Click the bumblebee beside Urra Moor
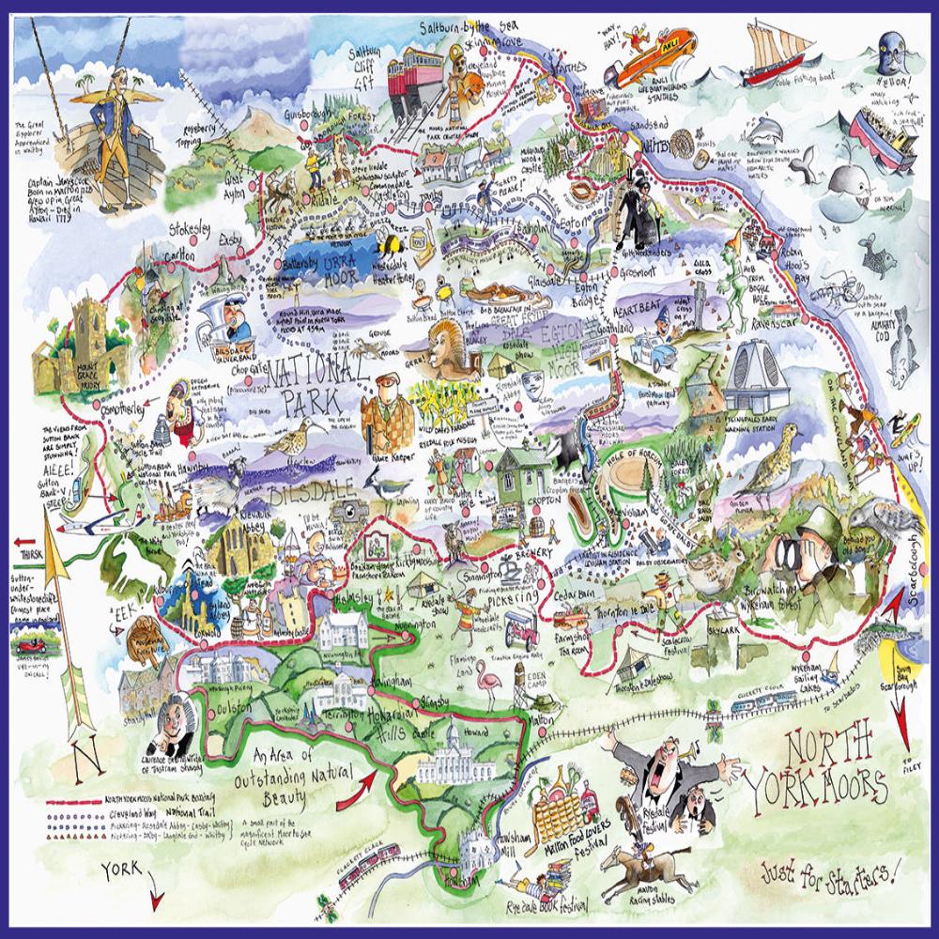pyautogui.click(x=388, y=246)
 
